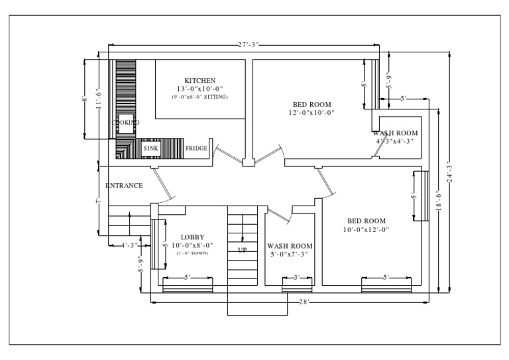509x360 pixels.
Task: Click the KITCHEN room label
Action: click(199, 80)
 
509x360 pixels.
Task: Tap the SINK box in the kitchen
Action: click(151, 149)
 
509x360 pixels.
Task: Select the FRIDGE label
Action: click(197, 149)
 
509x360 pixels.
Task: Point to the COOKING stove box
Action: click(126, 123)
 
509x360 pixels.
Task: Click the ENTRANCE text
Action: click(124, 186)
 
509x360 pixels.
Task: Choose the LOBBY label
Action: click(192, 237)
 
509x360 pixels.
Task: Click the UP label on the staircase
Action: click(243, 250)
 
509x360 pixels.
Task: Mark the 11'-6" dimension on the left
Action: click(97, 99)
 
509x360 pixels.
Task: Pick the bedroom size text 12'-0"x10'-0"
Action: click(312, 113)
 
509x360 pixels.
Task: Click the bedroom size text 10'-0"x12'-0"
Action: click(366, 229)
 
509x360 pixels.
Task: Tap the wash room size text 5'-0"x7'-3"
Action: click(289, 254)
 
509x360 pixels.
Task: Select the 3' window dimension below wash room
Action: click(297, 277)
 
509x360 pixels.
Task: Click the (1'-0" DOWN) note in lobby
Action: click(192, 253)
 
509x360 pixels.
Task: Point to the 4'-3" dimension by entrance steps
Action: click(130, 245)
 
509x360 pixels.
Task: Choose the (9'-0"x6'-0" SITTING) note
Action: click(199, 97)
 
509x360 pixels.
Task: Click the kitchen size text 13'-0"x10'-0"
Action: click(199, 89)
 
